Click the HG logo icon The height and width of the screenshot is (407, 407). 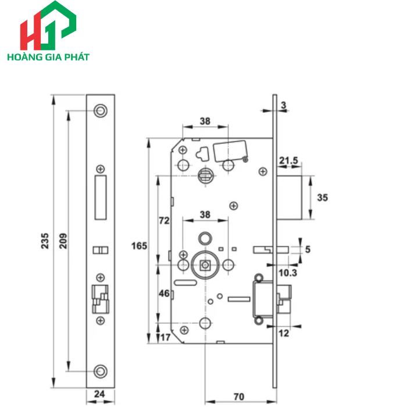(48, 26)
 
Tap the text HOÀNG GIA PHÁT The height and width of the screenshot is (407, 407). (48, 58)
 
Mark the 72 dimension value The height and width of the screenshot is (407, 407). (164, 221)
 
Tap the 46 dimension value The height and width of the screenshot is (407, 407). (164, 294)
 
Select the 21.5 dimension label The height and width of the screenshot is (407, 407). (289, 160)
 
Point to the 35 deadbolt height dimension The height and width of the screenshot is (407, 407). (322, 198)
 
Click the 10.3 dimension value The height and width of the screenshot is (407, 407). (285, 272)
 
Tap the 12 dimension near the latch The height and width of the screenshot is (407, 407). (284, 333)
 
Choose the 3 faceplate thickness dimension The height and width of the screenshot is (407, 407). (283, 105)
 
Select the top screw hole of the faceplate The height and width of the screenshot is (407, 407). (100, 110)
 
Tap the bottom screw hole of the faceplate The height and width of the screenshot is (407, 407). (100, 370)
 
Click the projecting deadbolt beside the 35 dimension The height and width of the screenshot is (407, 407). (290, 197)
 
